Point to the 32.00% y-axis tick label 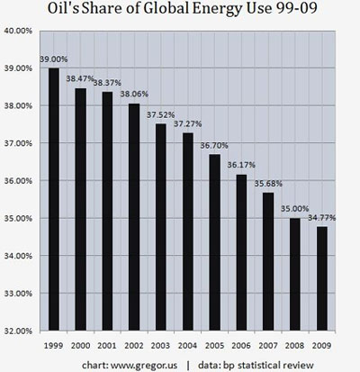(x=20, y=331)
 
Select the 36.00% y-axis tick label (x=20, y=181)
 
